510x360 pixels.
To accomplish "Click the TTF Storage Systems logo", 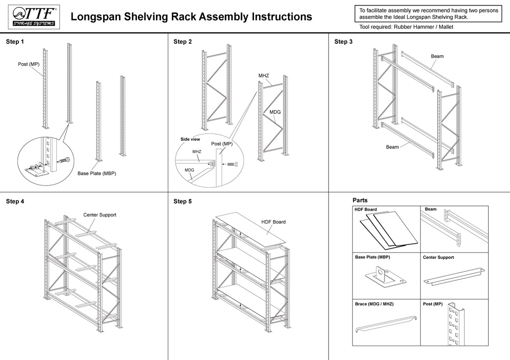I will (x=34, y=16).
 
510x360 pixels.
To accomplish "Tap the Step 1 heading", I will (x=14, y=42).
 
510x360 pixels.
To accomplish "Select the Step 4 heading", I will (x=14, y=202).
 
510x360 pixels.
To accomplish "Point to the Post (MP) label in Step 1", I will (x=28, y=64).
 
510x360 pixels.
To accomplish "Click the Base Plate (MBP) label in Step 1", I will (x=97, y=173).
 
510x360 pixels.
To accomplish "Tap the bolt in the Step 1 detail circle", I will (x=64, y=161).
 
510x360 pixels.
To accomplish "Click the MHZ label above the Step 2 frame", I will (x=263, y=76).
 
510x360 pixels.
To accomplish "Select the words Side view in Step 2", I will (x=190, y=139).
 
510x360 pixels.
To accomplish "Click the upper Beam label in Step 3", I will (x=437, y=56).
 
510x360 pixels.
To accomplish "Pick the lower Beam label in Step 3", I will (x=392, y=147).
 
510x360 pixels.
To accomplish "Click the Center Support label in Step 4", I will (x=100, y=215).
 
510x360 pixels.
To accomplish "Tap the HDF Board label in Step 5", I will (x=273, y=222).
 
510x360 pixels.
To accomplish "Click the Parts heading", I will (x=360, y=200).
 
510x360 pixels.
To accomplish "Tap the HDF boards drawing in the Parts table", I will (x=387, y=230).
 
